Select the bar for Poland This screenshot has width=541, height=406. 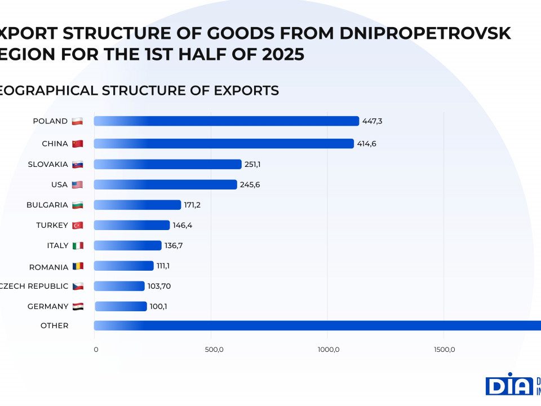[226, 121]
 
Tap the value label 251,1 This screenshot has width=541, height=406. [252, 164]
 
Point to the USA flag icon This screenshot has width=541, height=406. [77, 185]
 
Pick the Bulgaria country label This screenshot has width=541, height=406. [47, 205]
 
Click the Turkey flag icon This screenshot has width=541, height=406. [77, 226]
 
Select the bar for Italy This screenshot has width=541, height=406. [127, 246]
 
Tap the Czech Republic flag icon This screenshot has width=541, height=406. [78, 286]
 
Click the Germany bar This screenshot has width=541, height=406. [121, 307]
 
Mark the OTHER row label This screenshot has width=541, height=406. [54, 325]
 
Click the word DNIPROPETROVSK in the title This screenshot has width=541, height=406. [425, 34]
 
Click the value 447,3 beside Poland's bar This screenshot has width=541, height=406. [373, 121]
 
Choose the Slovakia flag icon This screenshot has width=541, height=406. [78, 165]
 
